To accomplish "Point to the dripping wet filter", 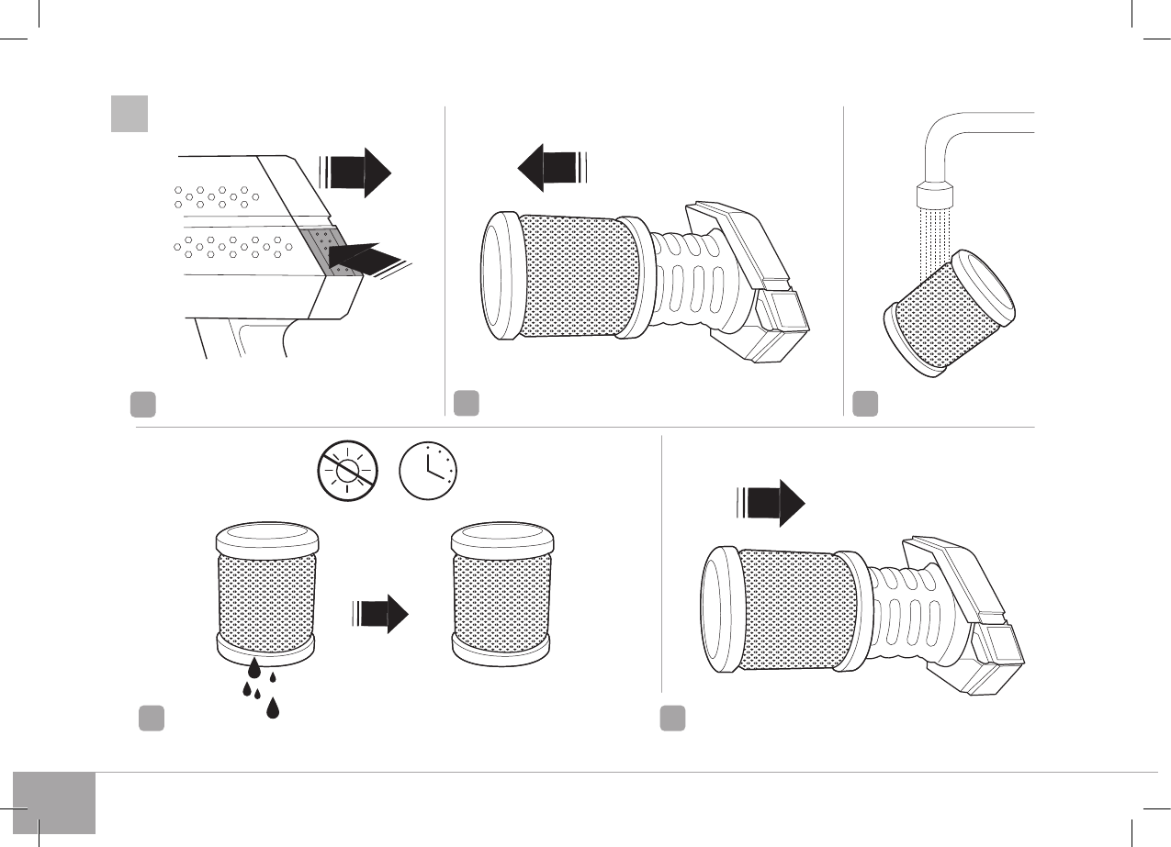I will click(265, 592).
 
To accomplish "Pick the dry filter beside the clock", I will click(502, 593).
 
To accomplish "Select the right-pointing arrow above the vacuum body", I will click(358, 172).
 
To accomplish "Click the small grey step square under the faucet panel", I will click(864, 403).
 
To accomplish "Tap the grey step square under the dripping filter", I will click(152, 718).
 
